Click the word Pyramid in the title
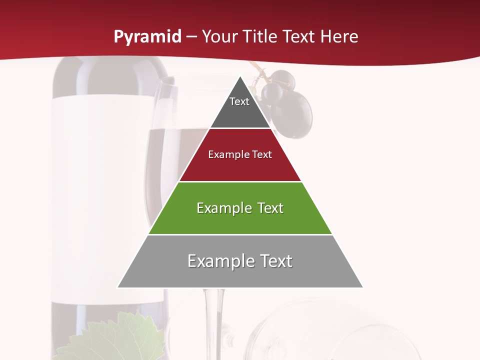click(x=147, y=37)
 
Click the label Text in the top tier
click(x=239, y=101)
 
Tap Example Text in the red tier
click(x=240, y=154)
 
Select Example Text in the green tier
click(x=240, y=208)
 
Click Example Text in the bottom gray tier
click(x=240, y=261)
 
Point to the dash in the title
click(x=191, y=37)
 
